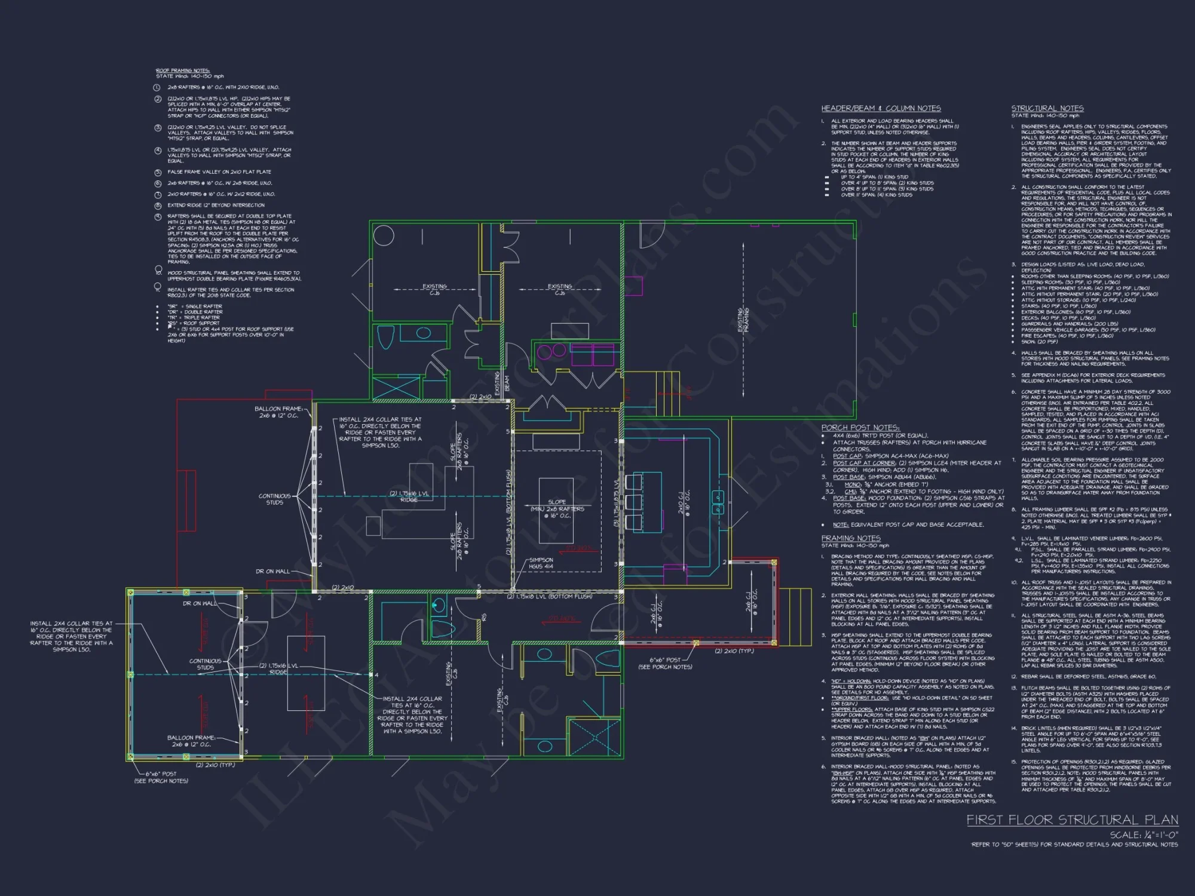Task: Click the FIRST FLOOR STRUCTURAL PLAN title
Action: pos(1072,820)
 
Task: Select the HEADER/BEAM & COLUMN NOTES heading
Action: pos(881,108)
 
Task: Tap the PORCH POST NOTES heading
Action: pos(860,427)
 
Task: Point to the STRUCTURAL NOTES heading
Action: pos(1047,108)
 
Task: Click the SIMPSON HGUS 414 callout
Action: pos(541,563)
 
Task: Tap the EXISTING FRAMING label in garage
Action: pos(743,320)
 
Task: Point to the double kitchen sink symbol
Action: pos(718,502)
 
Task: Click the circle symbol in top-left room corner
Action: pos(384,235)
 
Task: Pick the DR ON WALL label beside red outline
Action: pos(272,571)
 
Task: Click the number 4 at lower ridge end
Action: pos(376,675)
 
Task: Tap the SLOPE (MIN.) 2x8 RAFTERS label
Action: pos(557,509)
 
